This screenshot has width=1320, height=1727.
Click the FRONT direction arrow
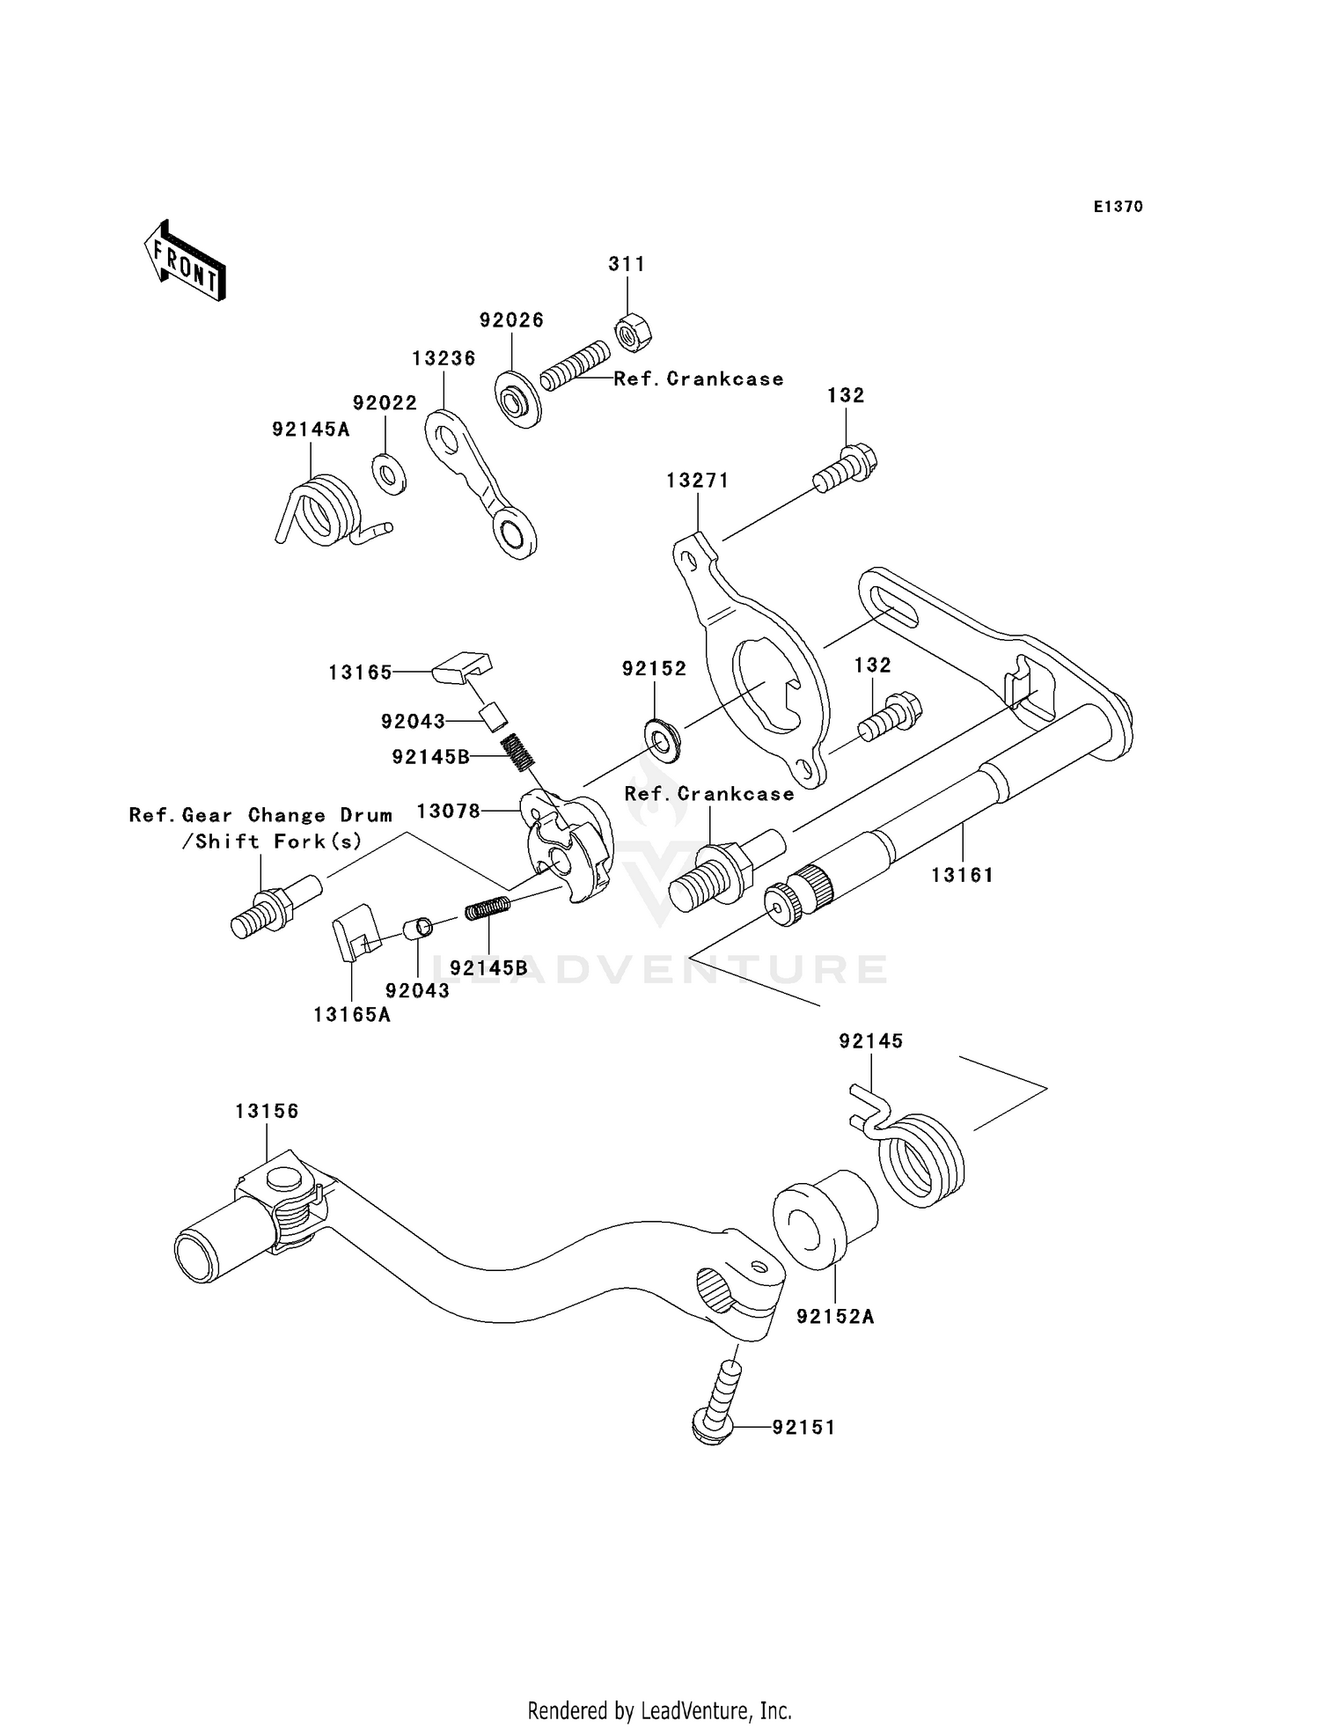click(x=185, y=262)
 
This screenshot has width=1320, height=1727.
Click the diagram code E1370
click(x=1118, y=207)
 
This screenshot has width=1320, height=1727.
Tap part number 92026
click(x=511, y=320)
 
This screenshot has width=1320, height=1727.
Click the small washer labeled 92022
click(x=388, y=474)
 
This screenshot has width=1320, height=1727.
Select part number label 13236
click(x=444, y=358)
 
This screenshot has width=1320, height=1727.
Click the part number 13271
click(x=698, y=481)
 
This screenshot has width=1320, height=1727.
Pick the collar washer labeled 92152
click(x=662, y=741)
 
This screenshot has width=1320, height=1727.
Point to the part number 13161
click(x=963, y=875)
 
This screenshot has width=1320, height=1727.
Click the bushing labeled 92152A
click(x=825, y=1218)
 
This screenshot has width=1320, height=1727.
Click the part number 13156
click(x=267, y=1111)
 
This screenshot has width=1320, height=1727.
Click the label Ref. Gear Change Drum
click(x=260, y=815)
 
